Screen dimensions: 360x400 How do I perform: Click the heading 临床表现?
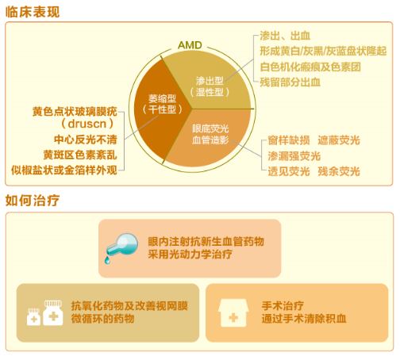click(x=33, y=10)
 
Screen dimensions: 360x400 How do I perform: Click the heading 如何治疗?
click(x=33, y=201)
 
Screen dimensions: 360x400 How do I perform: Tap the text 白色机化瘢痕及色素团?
click(x=310, y=67)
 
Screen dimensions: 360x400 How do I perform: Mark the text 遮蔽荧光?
click(x=339, y=140)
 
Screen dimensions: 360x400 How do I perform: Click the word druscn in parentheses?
click(x=88, y=124)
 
